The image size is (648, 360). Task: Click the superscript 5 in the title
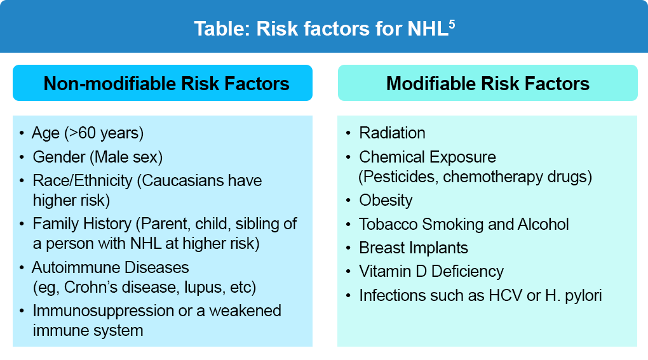(452, 24)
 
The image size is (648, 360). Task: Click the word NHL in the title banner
(428, 29)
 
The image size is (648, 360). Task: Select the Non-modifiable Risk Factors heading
(166, 83)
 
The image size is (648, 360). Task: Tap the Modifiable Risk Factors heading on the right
(488, 83)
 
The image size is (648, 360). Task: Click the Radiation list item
(392, 133)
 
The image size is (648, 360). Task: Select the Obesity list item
(386, 201)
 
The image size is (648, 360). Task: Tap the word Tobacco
(388, 224)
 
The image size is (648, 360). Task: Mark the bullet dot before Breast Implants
(348, 248)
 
